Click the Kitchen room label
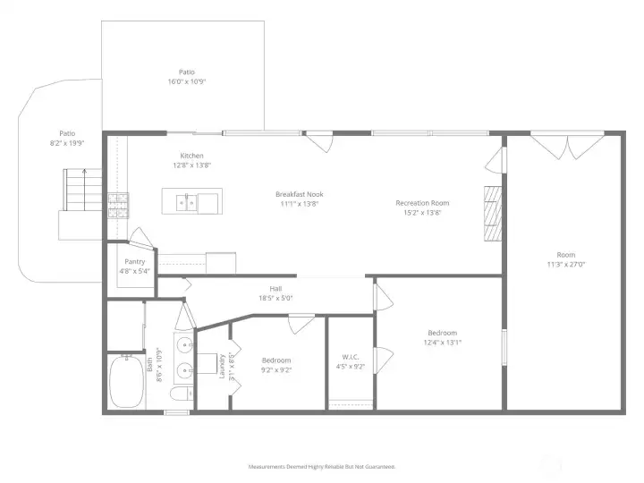pos(192,156)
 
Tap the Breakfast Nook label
pos(299,194)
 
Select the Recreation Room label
pos(422,203)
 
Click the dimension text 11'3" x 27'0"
pos(566,265)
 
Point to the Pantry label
pos(134,262)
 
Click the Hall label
pos(275,289)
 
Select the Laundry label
pos(223,366)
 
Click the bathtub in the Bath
pos(127,383)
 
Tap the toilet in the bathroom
pos(179,394)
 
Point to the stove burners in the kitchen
pos(117,207)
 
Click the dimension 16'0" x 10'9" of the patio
pos(187,81)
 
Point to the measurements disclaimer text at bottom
pos(321,467)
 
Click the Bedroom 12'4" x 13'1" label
pos(443,333)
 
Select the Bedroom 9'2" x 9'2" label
pos(276,360)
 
